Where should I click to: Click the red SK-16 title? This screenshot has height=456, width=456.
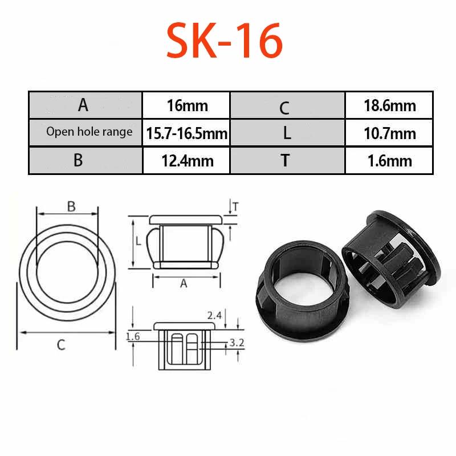click(x=225, y=40)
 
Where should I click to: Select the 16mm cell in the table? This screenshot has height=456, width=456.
click(x=186, y=105)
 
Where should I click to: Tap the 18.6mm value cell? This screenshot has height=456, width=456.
click(x=389, y=105)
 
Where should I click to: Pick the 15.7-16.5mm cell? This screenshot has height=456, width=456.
click(x=186, y=133)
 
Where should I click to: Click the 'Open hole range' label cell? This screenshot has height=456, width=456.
click(x=86, y=133)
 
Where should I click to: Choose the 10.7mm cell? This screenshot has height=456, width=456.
click(x=389, y=133)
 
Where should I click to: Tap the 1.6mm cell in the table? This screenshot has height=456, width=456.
click(x=389, y=161)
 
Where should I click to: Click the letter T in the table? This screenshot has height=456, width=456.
click(x=286, y=160)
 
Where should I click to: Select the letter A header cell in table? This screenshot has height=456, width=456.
click(x=86, y=105)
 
